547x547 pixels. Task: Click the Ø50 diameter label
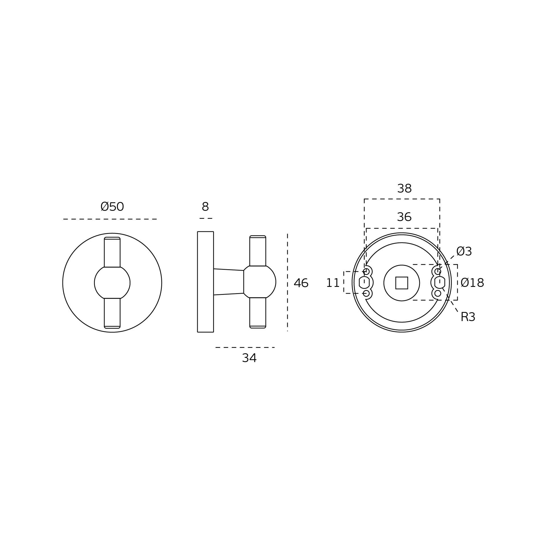(x=112, y=207)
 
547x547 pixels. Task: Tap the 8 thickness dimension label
(x=205, y=207)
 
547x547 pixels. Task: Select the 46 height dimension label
(x=301, y=283)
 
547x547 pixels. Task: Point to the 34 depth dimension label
(x=249, y=358)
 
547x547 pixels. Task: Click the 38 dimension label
(x=405, y=189)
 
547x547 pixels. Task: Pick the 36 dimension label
(x=404, y=217)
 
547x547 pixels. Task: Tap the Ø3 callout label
(x=464, y=252)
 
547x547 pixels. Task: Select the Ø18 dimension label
(x=472, y=283)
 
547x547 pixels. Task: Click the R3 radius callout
(x=468, y=317)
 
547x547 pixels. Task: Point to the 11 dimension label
(x=333, y=283)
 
